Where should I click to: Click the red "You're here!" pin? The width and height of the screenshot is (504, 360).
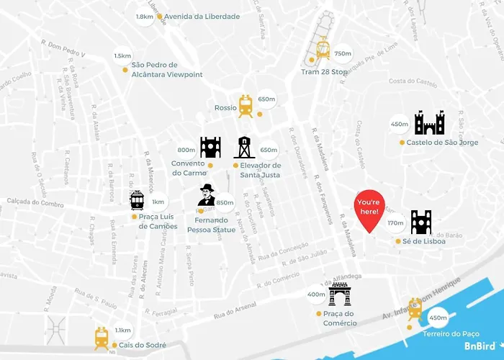coord(369,209)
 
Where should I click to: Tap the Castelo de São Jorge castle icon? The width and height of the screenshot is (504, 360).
coord(430,123)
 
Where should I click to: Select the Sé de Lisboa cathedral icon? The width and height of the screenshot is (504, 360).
coord(420,222)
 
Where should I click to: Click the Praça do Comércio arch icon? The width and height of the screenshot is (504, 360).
coord(340,294)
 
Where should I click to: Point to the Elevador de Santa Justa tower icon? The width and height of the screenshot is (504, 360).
coord(244,148)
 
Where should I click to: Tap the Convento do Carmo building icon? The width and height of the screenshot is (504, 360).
coord(210,147)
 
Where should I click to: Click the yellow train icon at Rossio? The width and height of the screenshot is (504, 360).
coord(246,106)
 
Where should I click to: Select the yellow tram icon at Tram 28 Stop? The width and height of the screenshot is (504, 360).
coord(323,48)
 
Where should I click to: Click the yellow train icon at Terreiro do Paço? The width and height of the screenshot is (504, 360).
coord(415,309)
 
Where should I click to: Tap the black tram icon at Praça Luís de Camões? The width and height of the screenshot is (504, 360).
coord(137,199)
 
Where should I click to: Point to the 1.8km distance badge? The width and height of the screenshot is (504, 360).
coord(145,17)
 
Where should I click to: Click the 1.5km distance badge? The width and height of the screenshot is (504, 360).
coord(122,56)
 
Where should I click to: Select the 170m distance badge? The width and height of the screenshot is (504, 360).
coord(395,223)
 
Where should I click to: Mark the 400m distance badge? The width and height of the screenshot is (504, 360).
coord(317,294)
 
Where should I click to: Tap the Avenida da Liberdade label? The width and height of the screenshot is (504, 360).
coord(202,17)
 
